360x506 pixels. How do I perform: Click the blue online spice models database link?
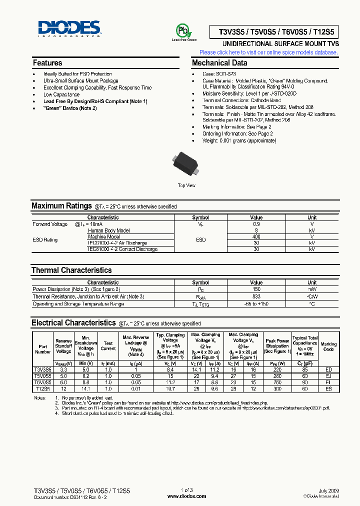pyautogui.click(x=268, y=52)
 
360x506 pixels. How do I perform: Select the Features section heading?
pyautogui.click(x=47, y=63)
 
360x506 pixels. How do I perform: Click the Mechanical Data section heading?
pyautogui.click(x=219, y=63)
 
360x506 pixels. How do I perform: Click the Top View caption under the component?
pyautogui.click(x=186, y=185)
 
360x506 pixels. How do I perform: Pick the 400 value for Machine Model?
pyautogui.click(x=256, y=236)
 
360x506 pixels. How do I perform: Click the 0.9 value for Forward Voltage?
pyautogui.click(x=256, y=224)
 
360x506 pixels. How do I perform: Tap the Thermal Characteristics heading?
pyautogui.click(x=71, y=270)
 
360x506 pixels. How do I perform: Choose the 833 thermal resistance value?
pyautogui.click(x=256, y=296)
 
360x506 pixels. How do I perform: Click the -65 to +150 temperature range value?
pyautogui.click(x=256, y=303)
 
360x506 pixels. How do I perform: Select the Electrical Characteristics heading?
pyautogui.click(x=73, y=323)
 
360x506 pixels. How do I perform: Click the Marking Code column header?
pyautogui.click(x=328, y=346)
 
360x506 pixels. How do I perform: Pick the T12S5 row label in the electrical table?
pyautogui.click(x=42, y=388)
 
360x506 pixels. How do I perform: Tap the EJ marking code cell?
pyautogui.click(x=328, y=375)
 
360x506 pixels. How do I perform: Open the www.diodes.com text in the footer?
pyautogui.click(x=186, y=496)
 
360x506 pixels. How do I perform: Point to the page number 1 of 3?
pyautogui.click(x=186, y=490)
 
